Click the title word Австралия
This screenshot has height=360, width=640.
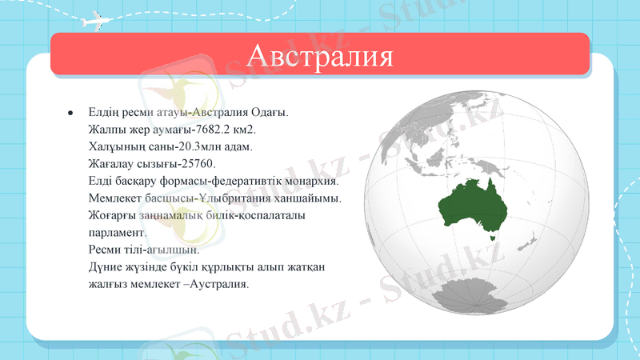tap(320, 57)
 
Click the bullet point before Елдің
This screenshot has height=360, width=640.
tap(71, 111)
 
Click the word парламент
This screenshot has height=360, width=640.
tap(115, 232)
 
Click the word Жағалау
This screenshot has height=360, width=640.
tap(112, 164)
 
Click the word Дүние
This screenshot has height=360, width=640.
tap(107, 266)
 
